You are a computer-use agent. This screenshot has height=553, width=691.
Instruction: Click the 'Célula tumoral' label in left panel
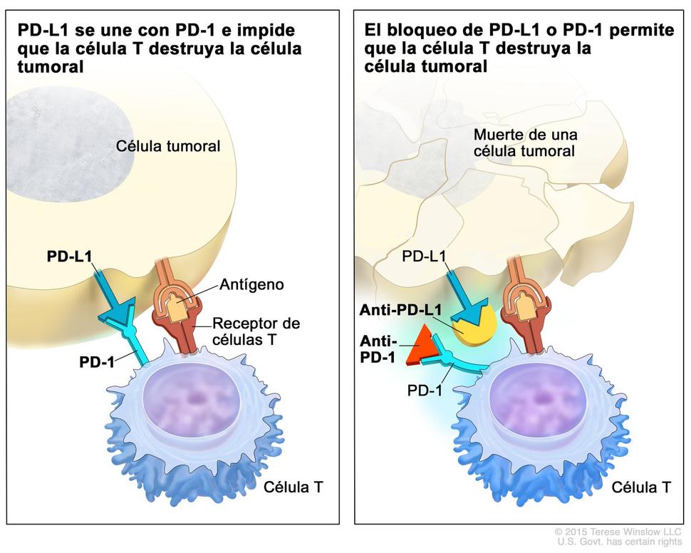[x=168, y=146]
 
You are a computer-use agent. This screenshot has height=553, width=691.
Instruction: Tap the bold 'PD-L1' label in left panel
[x=69, y=254]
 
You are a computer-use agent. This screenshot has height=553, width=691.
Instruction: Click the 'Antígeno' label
[x=252, y=284]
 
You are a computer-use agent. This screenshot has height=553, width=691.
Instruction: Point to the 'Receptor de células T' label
[x=256, y=331]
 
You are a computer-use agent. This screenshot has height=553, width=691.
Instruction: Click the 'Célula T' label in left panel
[x=293, y=487]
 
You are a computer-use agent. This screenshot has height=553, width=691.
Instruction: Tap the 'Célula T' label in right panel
[x=641, y=487]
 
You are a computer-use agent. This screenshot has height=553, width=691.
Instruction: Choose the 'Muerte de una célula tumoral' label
[x=526, y=143]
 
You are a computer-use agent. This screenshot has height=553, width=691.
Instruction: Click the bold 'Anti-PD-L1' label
[x=400, y=310]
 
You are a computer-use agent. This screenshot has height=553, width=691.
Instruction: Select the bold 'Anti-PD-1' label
[x=378, y=349]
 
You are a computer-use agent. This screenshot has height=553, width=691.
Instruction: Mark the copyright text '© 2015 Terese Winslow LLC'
[x=618, y=532]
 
